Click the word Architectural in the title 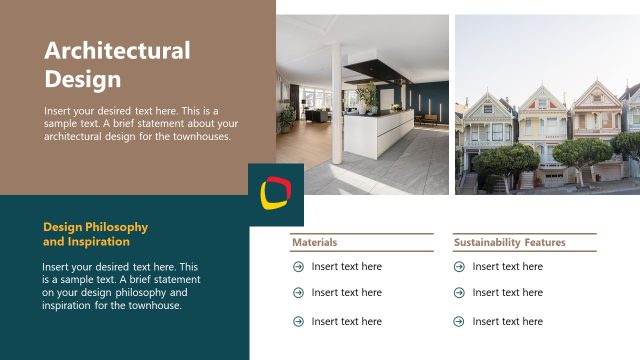tap(117, 51)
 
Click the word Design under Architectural tap(83, 78)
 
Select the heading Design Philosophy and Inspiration tap(95, 234)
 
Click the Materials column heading tap(314, 242)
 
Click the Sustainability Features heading tap(509, 242)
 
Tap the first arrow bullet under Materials tap(298, 267)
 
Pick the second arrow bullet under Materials tap(298, 293)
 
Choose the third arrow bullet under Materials tap(298, 321)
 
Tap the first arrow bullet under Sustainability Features tap(459, 267)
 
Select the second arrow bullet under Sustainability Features tap(459, 293)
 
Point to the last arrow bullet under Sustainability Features tap(459, 321)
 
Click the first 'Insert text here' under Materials tap(346, 267)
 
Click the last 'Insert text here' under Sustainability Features tap(507, 321)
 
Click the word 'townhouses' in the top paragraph tap(200, 136)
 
